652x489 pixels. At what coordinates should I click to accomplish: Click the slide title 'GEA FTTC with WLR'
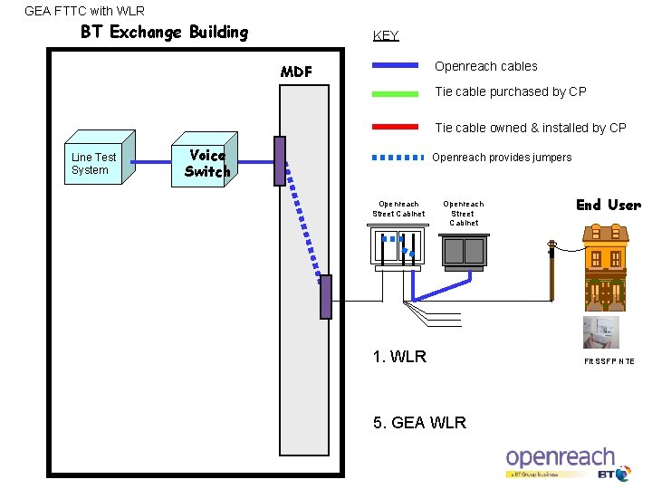(84, 11)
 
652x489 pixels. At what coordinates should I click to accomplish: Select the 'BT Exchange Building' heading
(164, 33)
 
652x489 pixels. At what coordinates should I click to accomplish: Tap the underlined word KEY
(386, 35)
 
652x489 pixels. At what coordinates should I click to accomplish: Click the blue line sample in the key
(395, 65)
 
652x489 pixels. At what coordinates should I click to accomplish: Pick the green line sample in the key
(395, 91)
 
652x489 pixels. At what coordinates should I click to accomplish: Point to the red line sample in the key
(395, 127)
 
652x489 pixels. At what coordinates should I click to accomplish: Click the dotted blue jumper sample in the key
(398, 157)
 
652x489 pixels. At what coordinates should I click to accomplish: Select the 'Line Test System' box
(94, 164)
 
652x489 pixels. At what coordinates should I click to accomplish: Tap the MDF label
(296, 72)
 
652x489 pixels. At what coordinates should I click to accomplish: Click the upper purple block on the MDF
(280, 160)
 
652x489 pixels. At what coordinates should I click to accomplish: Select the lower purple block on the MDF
(325, 296)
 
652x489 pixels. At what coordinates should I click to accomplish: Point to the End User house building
(605, 266)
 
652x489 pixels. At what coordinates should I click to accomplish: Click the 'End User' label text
(608, 205)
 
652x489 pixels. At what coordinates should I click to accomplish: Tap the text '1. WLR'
(399, 356)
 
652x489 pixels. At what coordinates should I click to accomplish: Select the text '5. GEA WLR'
(419, 423)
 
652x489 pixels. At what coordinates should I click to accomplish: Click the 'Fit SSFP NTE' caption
(609, 361)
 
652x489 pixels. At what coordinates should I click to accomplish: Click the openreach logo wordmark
(560, 457)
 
